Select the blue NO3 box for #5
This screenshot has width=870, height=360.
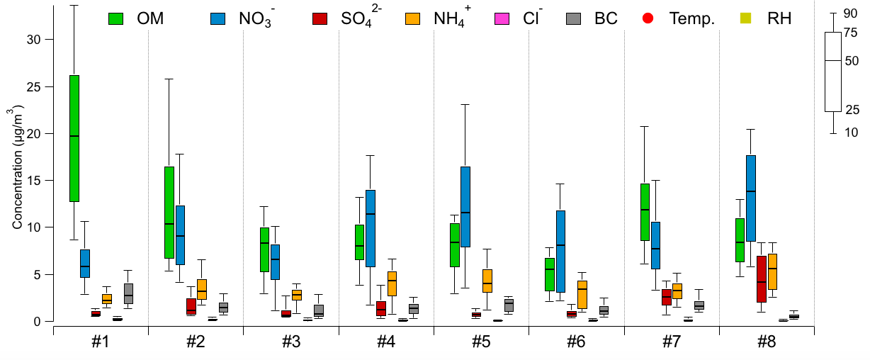(x=465, y=206)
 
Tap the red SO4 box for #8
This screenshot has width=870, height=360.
(x=762, y=279)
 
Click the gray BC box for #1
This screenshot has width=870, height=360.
(x=128, y=293)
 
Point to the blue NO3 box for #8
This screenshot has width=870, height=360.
(x=751, y=198)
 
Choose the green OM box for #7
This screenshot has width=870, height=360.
(x=645, y=212)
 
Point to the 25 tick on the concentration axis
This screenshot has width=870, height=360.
(x=35, y=86)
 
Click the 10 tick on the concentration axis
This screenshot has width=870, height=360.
(x=35, y=227)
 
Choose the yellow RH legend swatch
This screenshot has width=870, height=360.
(x=745, y=18)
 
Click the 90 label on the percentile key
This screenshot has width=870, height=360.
(x=852, y=13)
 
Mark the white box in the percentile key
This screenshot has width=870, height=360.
(x=832, y=72)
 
